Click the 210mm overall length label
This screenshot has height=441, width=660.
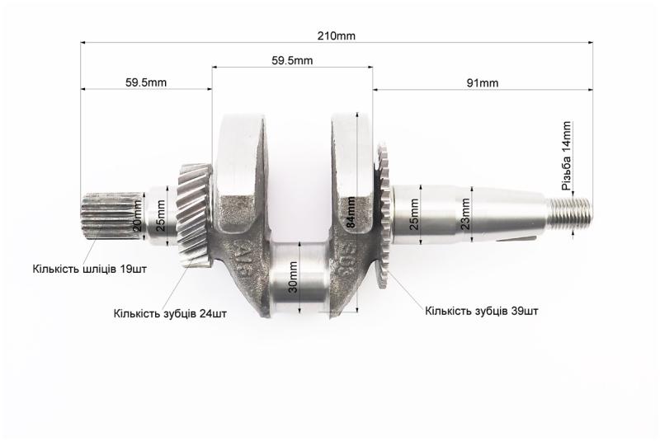tap(336, 36)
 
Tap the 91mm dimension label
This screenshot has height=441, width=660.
tap(482, 83)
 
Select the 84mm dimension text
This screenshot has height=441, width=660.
tap(351, 212)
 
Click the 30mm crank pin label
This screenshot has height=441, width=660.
tap(294, 277)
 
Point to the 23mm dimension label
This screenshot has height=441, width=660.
tap(465, 213)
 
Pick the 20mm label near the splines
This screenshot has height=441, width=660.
tap(137, 216)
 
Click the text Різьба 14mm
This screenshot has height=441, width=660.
tap(567, 156)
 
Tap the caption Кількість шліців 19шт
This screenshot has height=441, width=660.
tap(90, 269)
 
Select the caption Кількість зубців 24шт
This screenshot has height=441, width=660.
tap(170, 313)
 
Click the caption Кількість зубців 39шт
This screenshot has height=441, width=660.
tap(481, 311)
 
